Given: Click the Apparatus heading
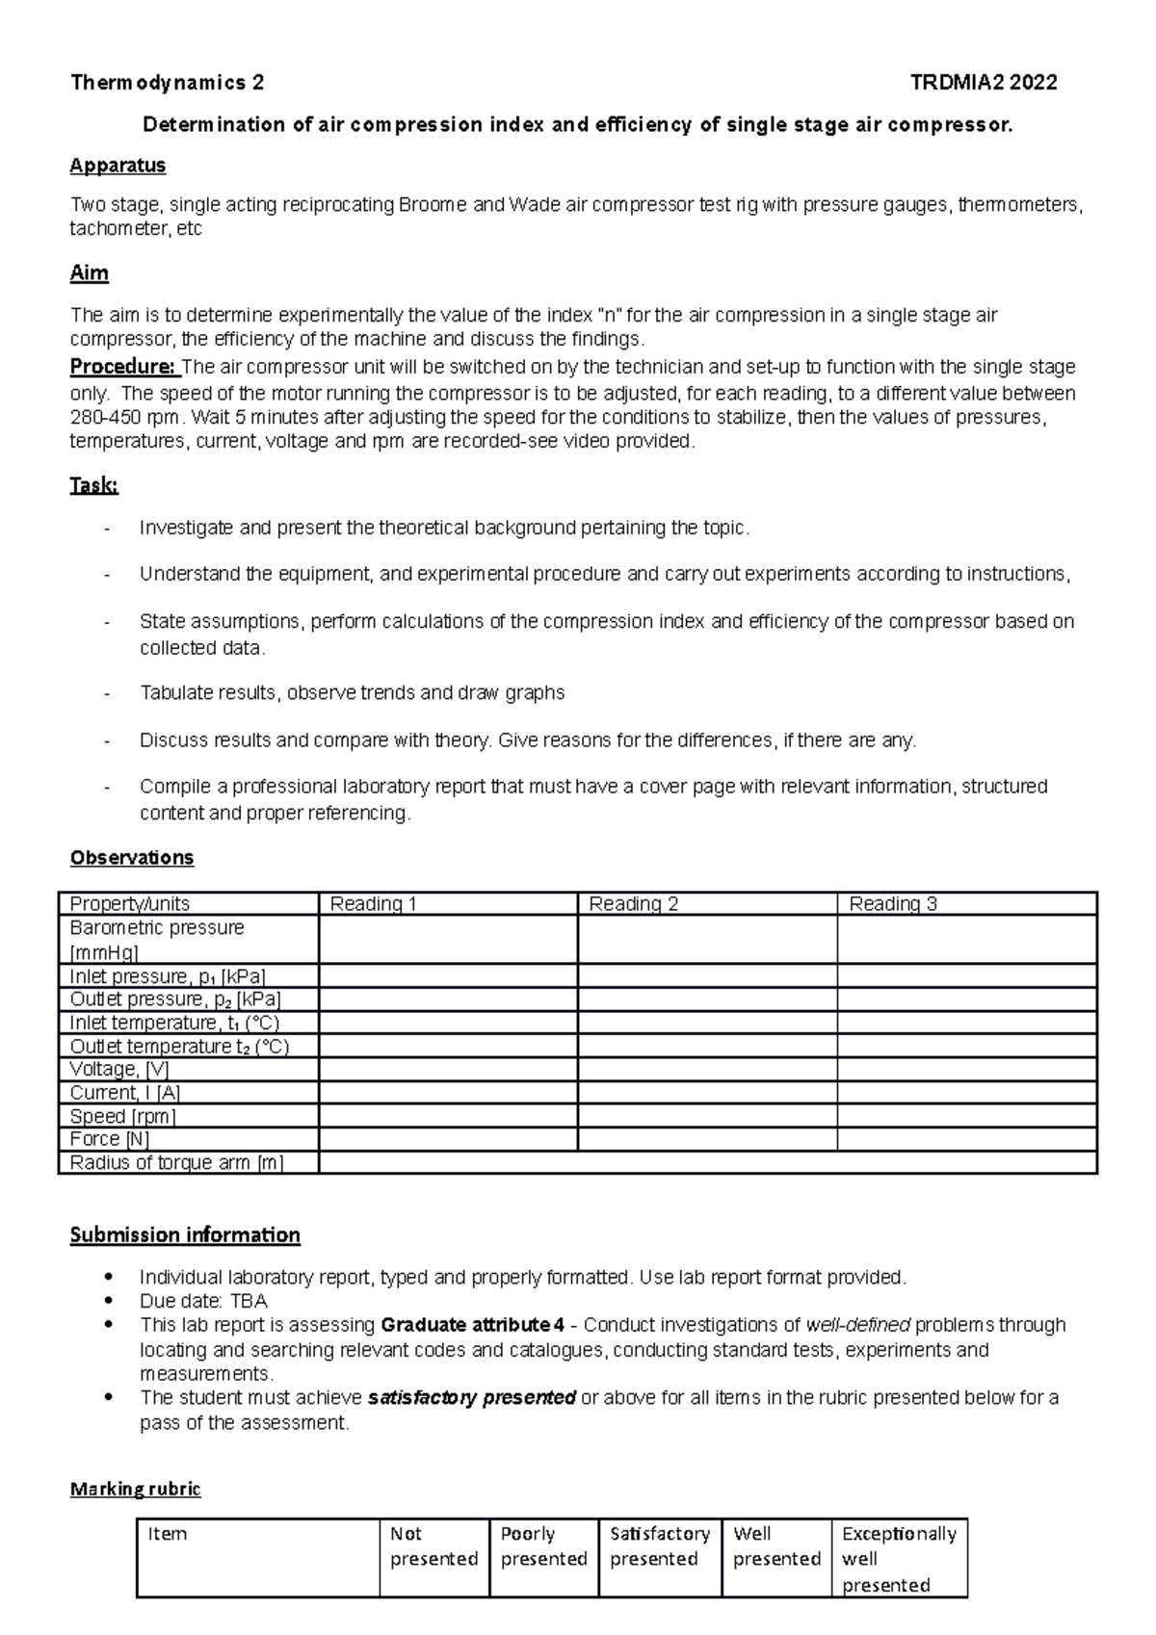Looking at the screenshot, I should (118, 166).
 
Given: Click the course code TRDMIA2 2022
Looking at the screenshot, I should (984, 83).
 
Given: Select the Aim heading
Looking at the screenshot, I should (89, 273).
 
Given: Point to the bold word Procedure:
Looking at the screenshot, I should (123, 367).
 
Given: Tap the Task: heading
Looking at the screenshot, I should (93, 486).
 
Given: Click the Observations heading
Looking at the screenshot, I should (132, 857).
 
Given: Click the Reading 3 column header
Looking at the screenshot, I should (893, 903).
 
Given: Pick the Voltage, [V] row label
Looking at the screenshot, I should (118, 1069).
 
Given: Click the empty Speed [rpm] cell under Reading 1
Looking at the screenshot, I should (448, 1116).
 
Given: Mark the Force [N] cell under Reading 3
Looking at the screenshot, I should (967, 1139).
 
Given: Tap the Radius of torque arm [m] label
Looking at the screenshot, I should (176, 1162).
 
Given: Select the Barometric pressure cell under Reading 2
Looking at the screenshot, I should (707, 939).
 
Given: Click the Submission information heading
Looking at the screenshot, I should (185, 1234).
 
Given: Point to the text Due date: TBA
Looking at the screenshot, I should (203, 1301).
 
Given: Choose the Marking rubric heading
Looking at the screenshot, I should (135, 1489).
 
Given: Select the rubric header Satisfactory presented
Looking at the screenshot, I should (660, 1545).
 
